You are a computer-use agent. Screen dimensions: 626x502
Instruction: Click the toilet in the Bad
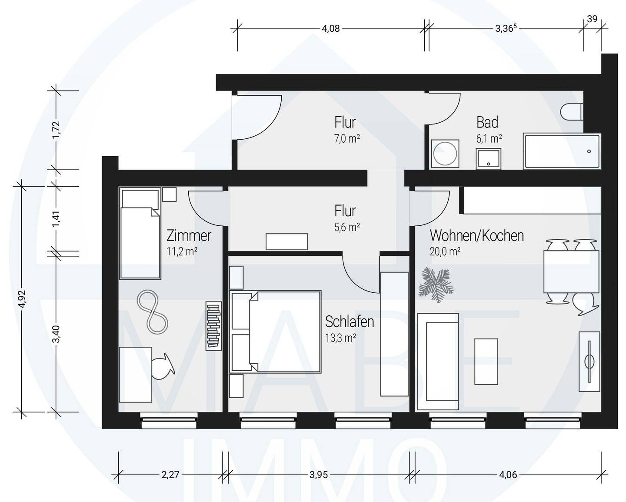[572, 112]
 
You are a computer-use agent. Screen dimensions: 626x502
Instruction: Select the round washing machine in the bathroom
[445, 154]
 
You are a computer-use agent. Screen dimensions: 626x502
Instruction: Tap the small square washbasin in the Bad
[488, 159]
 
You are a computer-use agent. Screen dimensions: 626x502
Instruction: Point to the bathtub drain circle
[589, 151]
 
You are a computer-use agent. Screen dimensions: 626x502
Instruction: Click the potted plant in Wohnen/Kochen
[436, 284]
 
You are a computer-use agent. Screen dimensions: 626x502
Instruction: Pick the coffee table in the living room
[486, 361]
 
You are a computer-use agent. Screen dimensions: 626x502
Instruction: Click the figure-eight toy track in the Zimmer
[153, 311]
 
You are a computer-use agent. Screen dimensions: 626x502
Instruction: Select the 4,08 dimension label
[331, 29]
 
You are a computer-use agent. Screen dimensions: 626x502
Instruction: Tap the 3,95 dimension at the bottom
[319, 475]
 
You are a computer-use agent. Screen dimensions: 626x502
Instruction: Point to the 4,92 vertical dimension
[22, 299]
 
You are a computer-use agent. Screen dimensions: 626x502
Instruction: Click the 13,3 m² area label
[341, 338]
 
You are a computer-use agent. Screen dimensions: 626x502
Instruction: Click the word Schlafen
[350, 322]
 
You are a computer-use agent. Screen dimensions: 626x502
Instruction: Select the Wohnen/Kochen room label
[477, 236]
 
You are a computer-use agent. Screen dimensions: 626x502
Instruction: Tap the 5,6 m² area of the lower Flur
[347, 227]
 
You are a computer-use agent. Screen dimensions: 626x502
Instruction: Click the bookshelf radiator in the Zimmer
[213, 326]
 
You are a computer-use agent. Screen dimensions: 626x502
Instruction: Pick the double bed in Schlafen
[275, 331]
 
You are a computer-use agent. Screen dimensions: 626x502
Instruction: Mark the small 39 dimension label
[592, 19]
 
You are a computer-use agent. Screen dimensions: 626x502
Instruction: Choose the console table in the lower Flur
[286, 242]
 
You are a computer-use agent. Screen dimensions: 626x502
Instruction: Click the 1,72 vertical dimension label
[57, 130]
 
